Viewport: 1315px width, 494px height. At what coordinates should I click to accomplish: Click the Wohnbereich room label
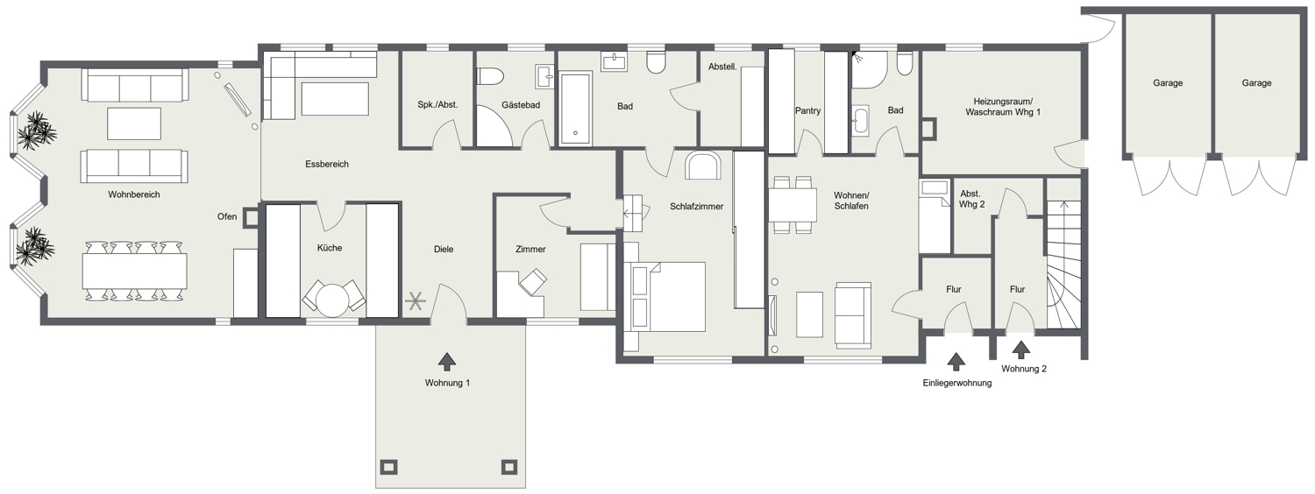click(x=134, y=194)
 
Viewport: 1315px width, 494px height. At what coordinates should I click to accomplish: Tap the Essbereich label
click(x=327, y=165)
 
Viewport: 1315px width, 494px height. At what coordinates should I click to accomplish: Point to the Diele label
click(x=444, y=250)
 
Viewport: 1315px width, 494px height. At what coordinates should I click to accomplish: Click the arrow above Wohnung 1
click(x=447, y=362)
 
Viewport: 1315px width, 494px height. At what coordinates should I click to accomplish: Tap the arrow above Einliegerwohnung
click(x=956, y=362)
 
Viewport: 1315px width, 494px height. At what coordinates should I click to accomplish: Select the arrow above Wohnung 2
click(x=1021, y=349)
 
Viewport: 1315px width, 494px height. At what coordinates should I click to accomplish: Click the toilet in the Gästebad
click(x=490, y=76)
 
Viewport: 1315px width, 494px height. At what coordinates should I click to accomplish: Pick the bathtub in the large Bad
click(x=575, y=109)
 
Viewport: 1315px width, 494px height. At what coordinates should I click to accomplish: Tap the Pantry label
click(x=807, y=111)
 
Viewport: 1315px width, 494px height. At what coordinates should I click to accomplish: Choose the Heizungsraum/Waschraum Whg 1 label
click(x=1003, y=107)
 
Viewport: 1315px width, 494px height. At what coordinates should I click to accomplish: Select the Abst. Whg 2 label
click(x=971, y=199)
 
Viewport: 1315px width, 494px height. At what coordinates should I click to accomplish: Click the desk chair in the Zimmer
click(x=533, y=281)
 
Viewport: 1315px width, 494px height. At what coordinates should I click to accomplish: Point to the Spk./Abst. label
click(x=437, y=105)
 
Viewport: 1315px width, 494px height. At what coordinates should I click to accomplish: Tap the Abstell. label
click(x=722, y=67)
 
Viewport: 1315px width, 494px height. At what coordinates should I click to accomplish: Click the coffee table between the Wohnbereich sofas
click(x=134, y=123)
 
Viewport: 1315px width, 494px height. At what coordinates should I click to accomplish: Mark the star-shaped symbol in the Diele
click(x=415, y=301)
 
